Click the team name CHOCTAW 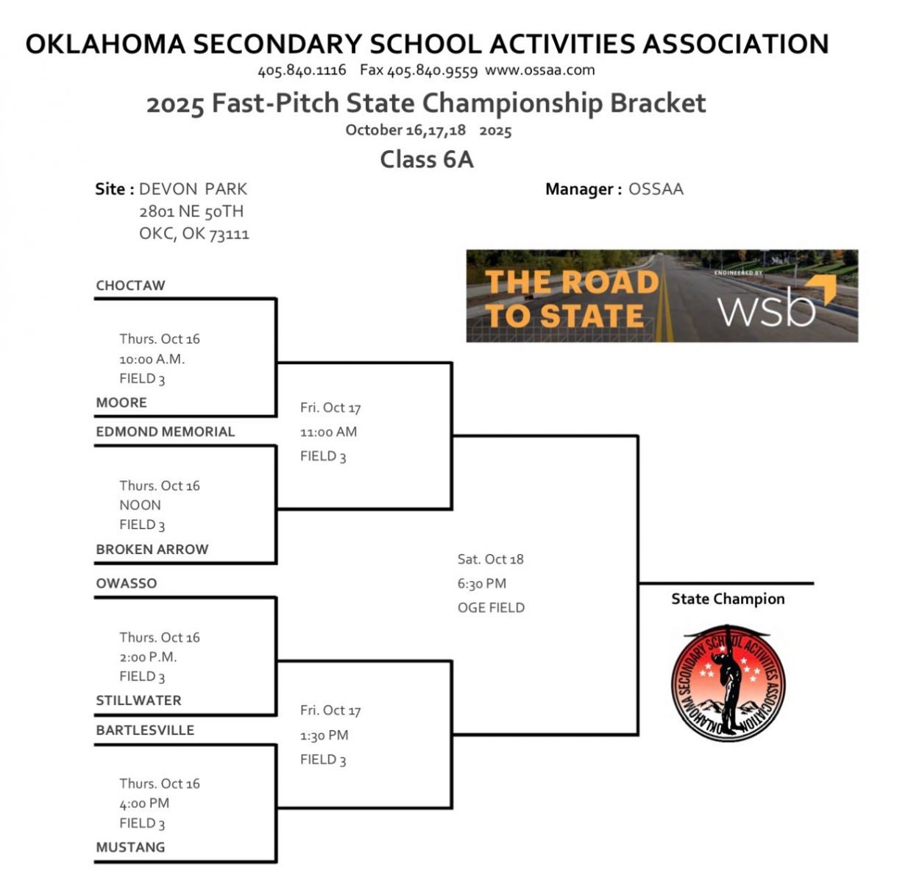coord(130,286)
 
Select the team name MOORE coord(121,403)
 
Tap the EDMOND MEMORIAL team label coord(165,432)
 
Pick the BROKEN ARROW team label coord(152,549)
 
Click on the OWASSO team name coord(126,584)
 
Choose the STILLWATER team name coord(138,701)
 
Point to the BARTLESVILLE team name coord(145,730)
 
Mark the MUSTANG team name coord(130,847)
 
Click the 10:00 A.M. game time coord(152,359)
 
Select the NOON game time coord(140,505)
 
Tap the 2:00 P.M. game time coord(148,657)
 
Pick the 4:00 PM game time coord(144,803)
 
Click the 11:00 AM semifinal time coord(328,432)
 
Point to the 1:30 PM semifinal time coord(324,735)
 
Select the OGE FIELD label coord(491,608)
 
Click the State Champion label coord(728,599)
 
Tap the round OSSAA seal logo coord(728,682)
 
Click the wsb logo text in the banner coord(767,309)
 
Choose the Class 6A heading coord(426,159)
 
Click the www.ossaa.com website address coord(539,71)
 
